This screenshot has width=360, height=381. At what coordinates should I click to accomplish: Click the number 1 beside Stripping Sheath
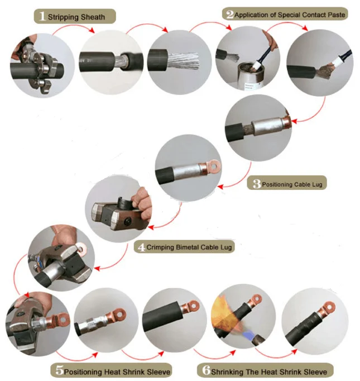(41, 16)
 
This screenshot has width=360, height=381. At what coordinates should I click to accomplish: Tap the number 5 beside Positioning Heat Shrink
(59, 370)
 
